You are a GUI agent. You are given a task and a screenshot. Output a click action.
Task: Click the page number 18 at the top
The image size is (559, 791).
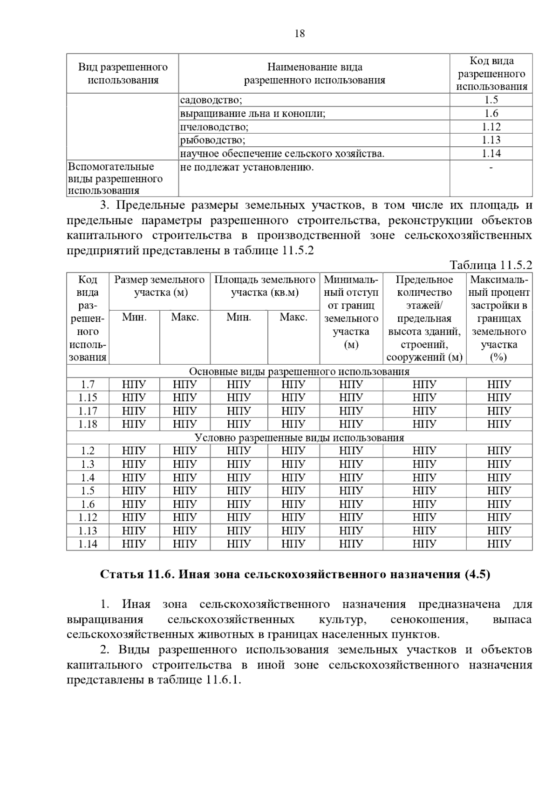300,34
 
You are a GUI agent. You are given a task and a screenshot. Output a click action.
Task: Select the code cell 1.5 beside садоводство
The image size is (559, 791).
491,100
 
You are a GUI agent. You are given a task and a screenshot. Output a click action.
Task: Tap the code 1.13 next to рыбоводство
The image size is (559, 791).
491,140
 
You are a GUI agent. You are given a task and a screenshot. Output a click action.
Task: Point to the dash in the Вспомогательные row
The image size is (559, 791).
491,167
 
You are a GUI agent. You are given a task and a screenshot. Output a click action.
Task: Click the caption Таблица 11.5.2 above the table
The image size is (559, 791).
491,266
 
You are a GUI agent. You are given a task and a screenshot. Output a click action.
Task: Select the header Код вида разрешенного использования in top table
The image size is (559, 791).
491,74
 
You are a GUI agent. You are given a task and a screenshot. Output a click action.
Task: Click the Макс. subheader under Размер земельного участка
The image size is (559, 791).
185,317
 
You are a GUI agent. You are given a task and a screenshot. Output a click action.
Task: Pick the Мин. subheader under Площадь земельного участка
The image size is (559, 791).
239,317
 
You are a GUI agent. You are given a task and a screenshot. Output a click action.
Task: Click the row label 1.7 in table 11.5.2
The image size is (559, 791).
88,385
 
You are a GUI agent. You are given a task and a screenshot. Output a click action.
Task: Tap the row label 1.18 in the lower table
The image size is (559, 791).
88,424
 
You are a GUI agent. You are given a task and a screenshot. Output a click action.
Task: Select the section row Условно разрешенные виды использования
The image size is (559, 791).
299,438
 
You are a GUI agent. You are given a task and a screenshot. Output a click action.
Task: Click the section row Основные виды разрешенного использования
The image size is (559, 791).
299,372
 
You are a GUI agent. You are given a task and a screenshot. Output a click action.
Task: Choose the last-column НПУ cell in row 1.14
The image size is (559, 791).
499,544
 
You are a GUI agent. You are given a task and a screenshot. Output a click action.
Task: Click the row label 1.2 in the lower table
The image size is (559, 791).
88,451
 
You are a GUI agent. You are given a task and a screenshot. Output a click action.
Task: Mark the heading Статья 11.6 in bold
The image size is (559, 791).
295,574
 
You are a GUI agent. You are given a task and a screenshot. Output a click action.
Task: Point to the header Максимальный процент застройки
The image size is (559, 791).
499,318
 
